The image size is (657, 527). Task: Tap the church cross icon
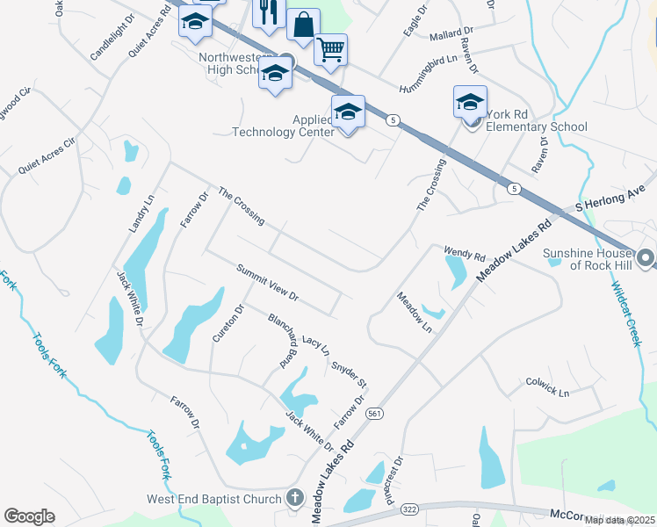(295, 499)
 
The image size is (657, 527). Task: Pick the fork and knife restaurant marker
(268, 12)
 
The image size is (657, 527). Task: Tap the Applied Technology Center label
(283, 126)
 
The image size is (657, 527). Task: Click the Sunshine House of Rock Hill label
(588, 259)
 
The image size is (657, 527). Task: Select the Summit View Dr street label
(267, 282)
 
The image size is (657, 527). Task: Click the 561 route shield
(375, 413)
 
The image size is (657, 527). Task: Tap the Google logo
(29, 516)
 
